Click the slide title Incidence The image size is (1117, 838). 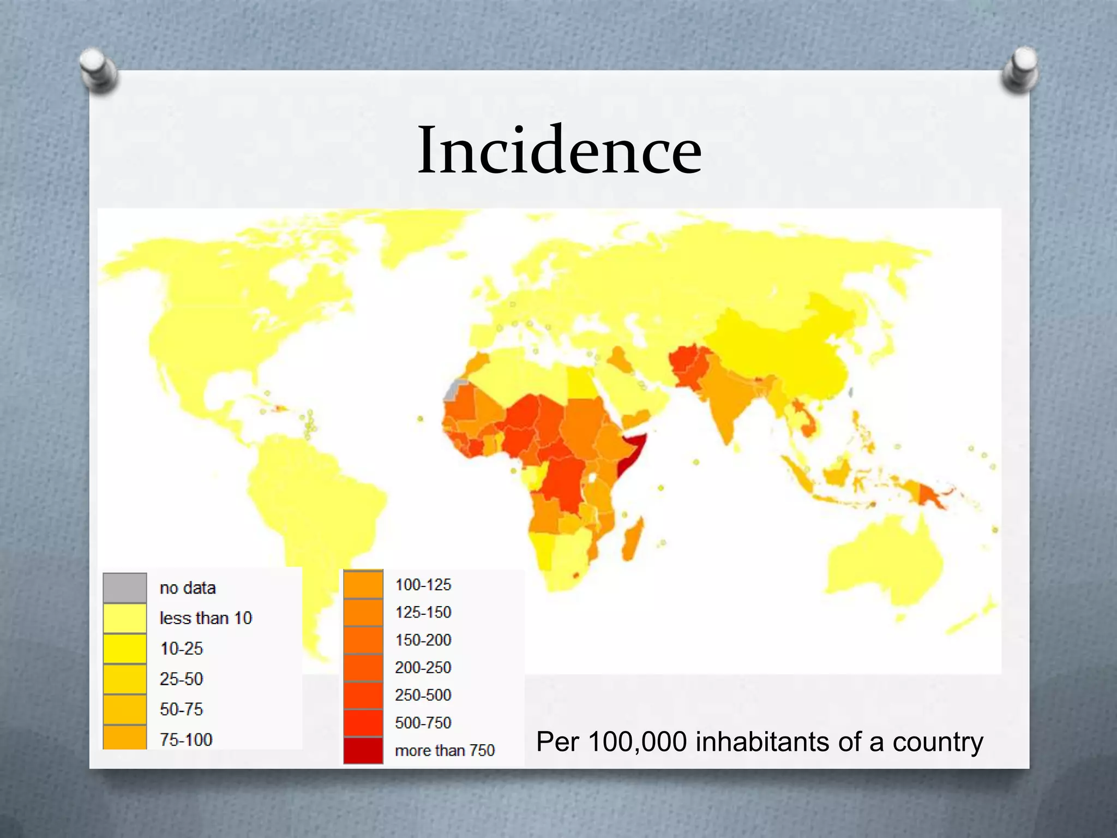[560, 150]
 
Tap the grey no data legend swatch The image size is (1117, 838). [125, 588]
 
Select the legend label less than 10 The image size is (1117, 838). [206, 618]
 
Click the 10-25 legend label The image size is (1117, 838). [181, 649]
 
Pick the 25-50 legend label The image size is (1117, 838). [181, 679]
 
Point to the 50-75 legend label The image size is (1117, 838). [181, 709]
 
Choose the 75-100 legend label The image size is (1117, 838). [186, 740]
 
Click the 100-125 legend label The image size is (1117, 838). [423, 585]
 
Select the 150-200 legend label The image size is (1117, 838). [423, 640]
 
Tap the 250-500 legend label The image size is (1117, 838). [423, 695]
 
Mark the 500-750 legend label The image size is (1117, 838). [423, 723]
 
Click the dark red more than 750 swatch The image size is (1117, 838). [363, 750]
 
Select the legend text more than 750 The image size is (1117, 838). [445, 751]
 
